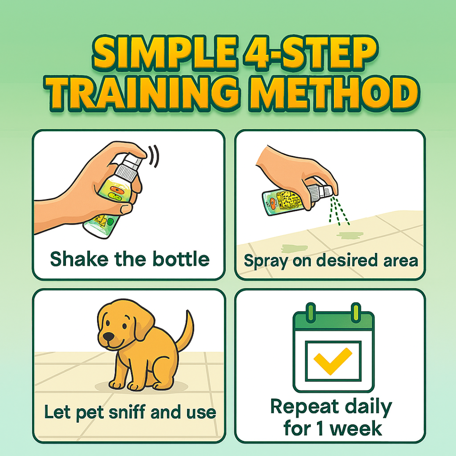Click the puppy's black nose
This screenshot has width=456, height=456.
point(109,337)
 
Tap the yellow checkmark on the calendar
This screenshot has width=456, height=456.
point(334,361)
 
